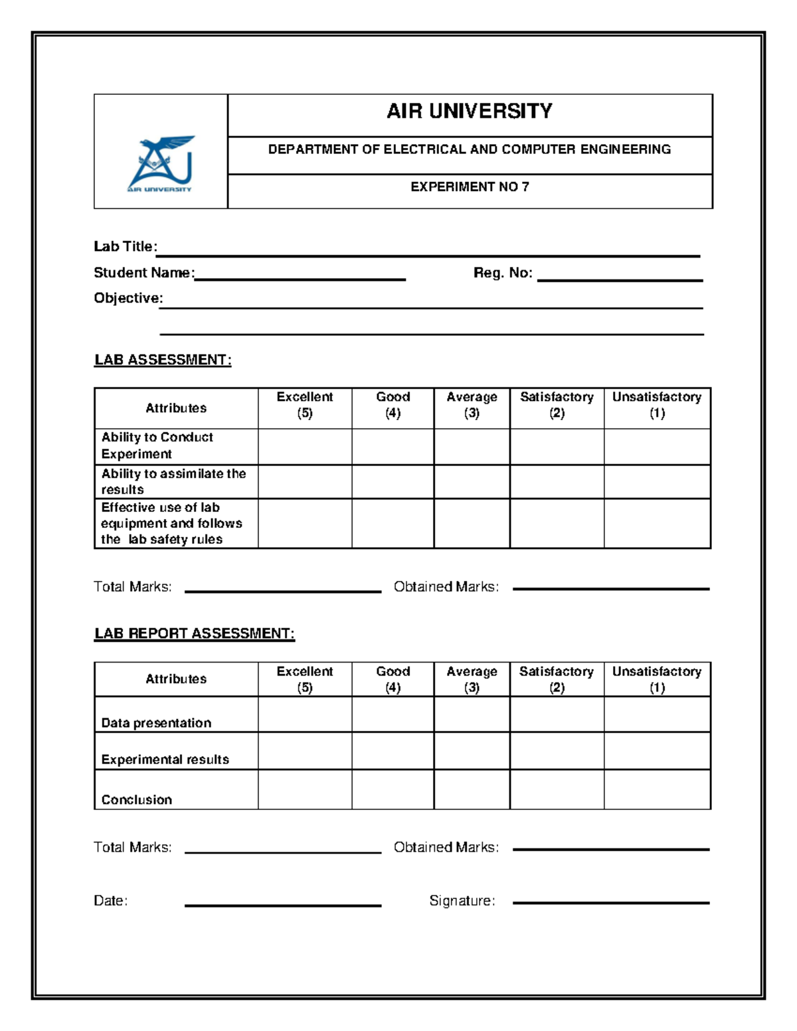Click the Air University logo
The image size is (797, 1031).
(160, 164)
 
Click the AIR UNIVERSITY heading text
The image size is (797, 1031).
(469, 111)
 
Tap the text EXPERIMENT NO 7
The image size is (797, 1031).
(469, 187)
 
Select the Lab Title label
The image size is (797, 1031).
(125, 246)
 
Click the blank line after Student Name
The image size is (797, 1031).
(300, 275)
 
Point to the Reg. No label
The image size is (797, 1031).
(502, 273)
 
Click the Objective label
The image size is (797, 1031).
(128, 298)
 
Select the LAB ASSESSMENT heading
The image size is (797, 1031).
(163, 360)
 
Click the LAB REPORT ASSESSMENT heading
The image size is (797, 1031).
(194, 633)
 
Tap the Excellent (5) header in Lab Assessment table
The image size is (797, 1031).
(304, 405)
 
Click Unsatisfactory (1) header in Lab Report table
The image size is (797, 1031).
(656, 679)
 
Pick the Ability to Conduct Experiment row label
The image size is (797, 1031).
(157, 445)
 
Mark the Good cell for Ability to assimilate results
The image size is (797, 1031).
(393, 481)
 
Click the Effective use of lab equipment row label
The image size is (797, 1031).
(171, 523)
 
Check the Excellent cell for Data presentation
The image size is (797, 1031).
(304, 714)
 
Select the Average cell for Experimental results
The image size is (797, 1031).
(472, 751)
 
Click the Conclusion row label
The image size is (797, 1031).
(136, 799)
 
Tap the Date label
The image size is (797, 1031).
(110, 901)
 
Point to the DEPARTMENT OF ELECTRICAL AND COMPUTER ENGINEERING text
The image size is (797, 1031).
(469, 149)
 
